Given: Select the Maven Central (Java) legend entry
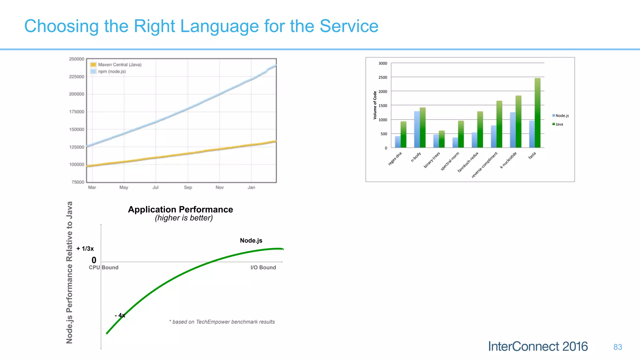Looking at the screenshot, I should (116, 65).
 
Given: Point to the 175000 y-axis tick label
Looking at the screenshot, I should (77, 112).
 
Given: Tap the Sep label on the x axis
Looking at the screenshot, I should (188, 187).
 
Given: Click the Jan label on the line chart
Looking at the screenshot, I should (251, 187).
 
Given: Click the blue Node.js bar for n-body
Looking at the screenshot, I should (417, 130).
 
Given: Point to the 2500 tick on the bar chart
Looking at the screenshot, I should (383, 77).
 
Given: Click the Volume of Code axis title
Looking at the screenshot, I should (375, 105).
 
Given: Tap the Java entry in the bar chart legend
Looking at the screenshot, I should (559, 124).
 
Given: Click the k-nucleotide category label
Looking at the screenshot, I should (508, 160).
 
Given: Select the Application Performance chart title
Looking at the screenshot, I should (180, 209).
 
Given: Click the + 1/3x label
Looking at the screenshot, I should (85, 249).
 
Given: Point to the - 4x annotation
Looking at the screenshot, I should (120, 316).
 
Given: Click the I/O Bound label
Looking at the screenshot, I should (263, 267).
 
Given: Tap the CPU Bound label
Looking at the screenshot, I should (103, 267).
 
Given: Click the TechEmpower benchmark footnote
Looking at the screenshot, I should (222, 322).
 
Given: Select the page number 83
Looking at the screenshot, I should (617, 347).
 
